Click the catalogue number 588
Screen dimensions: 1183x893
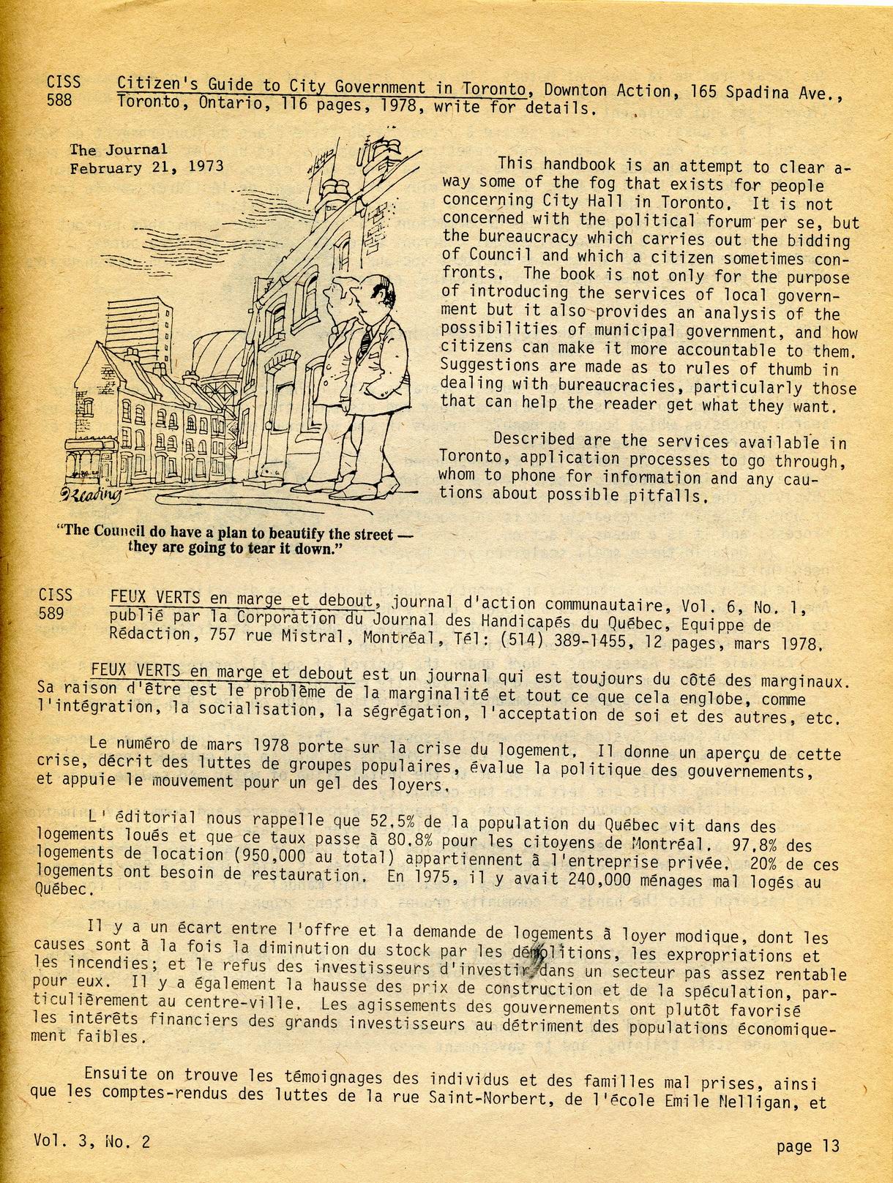60,100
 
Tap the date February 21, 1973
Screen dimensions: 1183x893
146,167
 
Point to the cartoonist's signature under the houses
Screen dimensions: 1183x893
91,497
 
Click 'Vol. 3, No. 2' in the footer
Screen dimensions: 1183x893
91,1141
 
